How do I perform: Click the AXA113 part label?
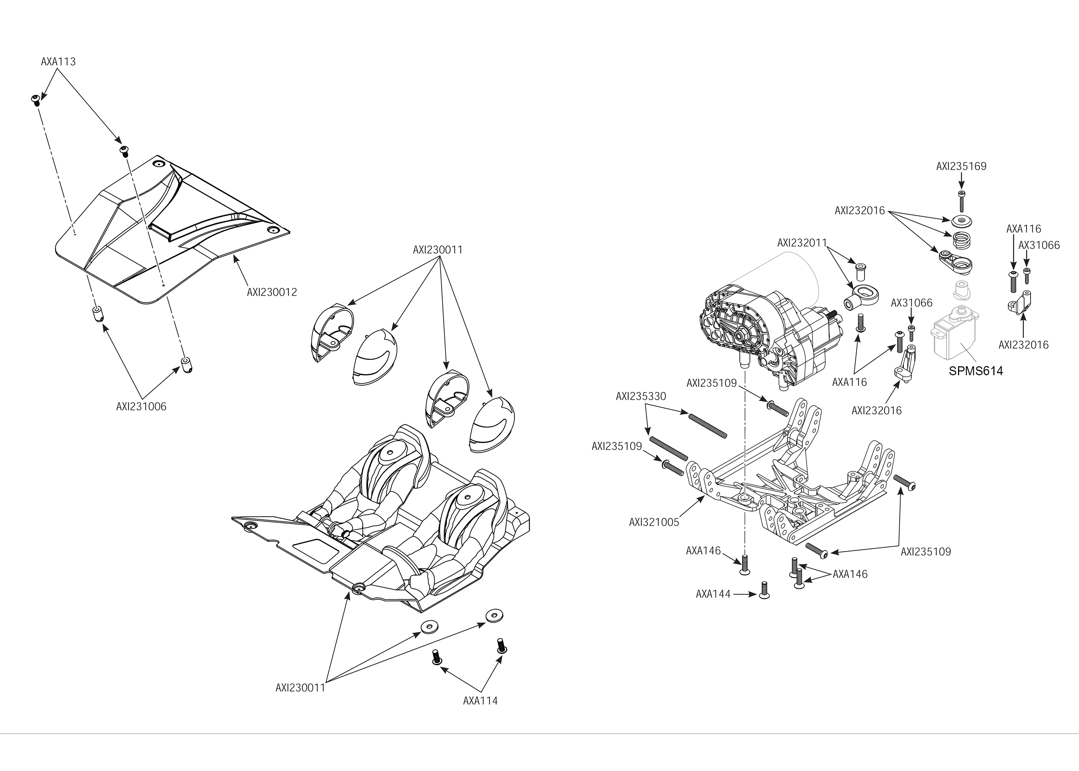click(x=58, y=62)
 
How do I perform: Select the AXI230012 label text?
click(x=272, y=292)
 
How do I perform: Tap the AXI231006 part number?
click(x=141, y=407)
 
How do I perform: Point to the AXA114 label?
click(x=480, y=701)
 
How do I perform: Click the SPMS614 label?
click(x=976, y=371)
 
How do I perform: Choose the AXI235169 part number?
click(x=961, y=167)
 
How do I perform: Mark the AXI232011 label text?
click(x=802, y=243)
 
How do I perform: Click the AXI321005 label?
click(x=654, y=522)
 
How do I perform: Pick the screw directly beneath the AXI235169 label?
click(x=961, y=201)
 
